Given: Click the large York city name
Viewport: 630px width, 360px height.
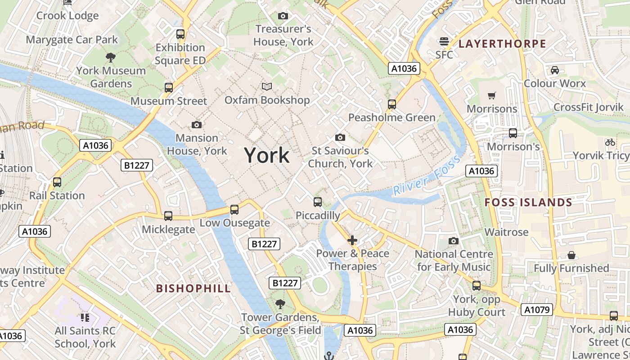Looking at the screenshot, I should pyautogui.click(x=267, y=155).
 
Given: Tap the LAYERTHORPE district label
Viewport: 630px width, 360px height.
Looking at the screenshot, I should pyautogui.click(x=502, y=44).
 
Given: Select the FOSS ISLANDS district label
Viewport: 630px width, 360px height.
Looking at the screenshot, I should pyautogui.click(x=528, y=202).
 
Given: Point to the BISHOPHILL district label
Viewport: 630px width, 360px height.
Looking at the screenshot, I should pyautogui.click(x=193, y=288).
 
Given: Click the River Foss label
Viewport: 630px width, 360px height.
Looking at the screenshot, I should pyautogui.click(x=426, y=175).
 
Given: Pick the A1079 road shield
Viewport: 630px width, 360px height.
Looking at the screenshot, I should pyautogui.click(x=537, y=310).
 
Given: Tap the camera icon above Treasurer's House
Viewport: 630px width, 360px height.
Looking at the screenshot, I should pyautogui.click(x=283, y=16).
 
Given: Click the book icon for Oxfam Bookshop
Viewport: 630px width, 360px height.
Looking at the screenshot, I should pyautogui.click(x=267, y=86).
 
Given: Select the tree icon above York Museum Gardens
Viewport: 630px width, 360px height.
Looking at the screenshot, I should pyautogui.click(x=110, y=57).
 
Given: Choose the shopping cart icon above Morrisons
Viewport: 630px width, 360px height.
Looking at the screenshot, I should pyautogui.click(x=492, y=95).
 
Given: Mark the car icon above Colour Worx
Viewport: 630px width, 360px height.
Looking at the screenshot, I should pyautogui.click(x=555, y=70).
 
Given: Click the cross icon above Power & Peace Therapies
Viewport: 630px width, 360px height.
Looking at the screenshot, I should pyautogui.click(x=352, y=240).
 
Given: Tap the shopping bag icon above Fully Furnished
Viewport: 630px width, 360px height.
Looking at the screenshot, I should pyautogui.click(x=571, y=255).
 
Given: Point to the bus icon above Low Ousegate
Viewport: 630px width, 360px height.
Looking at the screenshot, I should pyautogui.click(x=234, y=209).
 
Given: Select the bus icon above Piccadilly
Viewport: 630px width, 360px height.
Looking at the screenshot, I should pyautogui.click(x=318, y=202).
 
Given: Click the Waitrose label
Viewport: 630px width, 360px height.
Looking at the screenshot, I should pyautogui.click(x=506, y=232).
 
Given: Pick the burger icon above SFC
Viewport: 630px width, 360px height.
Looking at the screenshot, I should pyautogui.click(x=444, y=42).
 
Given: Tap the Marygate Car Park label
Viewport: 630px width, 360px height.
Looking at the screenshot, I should pyautogui.click(x=72, y=40).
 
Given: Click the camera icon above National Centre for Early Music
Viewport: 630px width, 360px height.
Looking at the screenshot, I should pyautogui.click(x=454, y=241).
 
